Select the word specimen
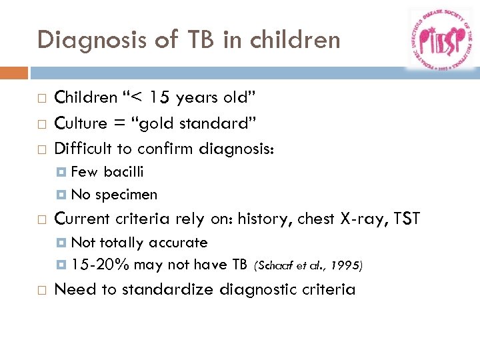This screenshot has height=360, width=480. [126, 195]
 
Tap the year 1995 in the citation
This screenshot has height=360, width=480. [345, 266]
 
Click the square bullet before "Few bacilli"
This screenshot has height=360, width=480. [62, 173]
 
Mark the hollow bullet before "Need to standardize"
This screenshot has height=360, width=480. [41, 290]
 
